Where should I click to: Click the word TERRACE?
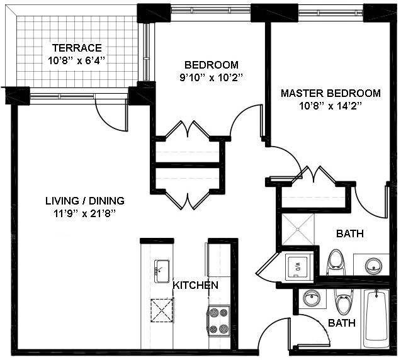tap(76, 48)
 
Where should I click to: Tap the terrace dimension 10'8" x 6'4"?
tap(76, 61)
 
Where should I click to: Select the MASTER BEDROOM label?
tap(330, 93)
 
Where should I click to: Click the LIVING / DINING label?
tap(85, 201)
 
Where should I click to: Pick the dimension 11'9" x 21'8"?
tap(85, 213)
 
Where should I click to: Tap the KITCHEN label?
tap(196, 285)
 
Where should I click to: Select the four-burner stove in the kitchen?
tap(218, 319)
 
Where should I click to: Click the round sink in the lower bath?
tap(310, 299)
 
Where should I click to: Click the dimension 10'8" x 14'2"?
tap(330, 106)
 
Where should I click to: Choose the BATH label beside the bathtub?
tap(341, 323)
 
